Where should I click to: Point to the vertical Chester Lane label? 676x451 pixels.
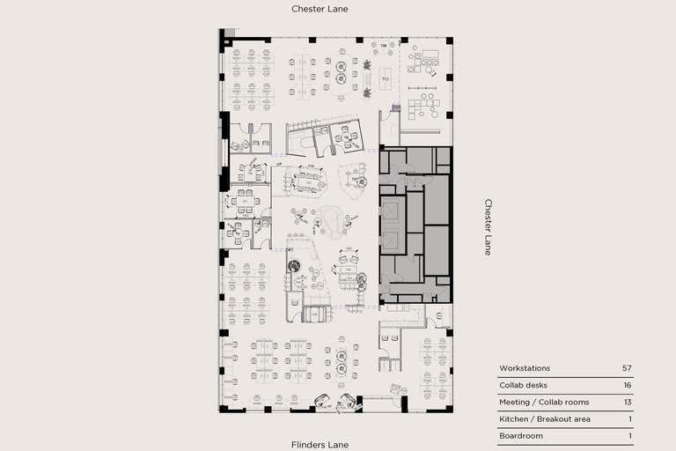pyautogui.click(x=489, y=226)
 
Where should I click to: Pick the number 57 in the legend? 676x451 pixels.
pyautogui.click(x=627, y=368)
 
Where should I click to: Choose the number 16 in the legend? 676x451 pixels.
pyautogui.click(x=627, y=385)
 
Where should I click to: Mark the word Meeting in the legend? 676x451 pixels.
pyautogui.click(x=514, y=402)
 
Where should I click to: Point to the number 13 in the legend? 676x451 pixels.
pyautogui.click(x=627, y=402)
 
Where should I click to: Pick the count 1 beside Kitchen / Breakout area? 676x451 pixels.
pyautogui.click(x=629, y=418)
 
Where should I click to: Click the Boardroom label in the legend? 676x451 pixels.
pyautogui.click(x=521, y=436)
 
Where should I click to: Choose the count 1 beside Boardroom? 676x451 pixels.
pyautogui.click(x=629, y=436)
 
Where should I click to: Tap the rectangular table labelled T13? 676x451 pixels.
pyautogui.click(x=386, y=78)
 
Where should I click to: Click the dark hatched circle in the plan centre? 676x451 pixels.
pyautogui.click(x=294, y=265)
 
